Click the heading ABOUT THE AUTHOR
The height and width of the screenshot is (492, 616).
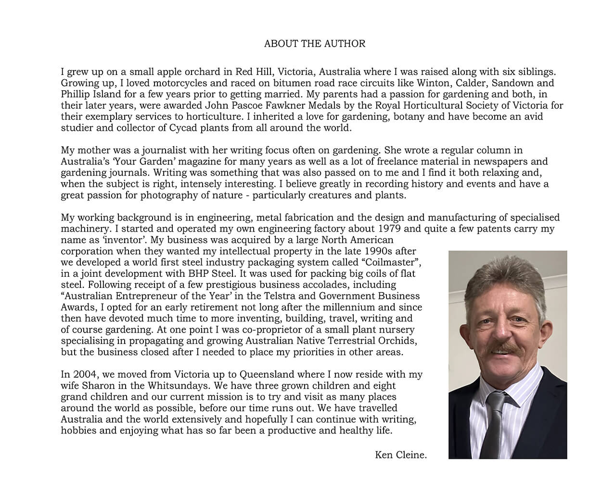click(315, 44)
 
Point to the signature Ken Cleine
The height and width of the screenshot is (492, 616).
click(401, 455)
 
